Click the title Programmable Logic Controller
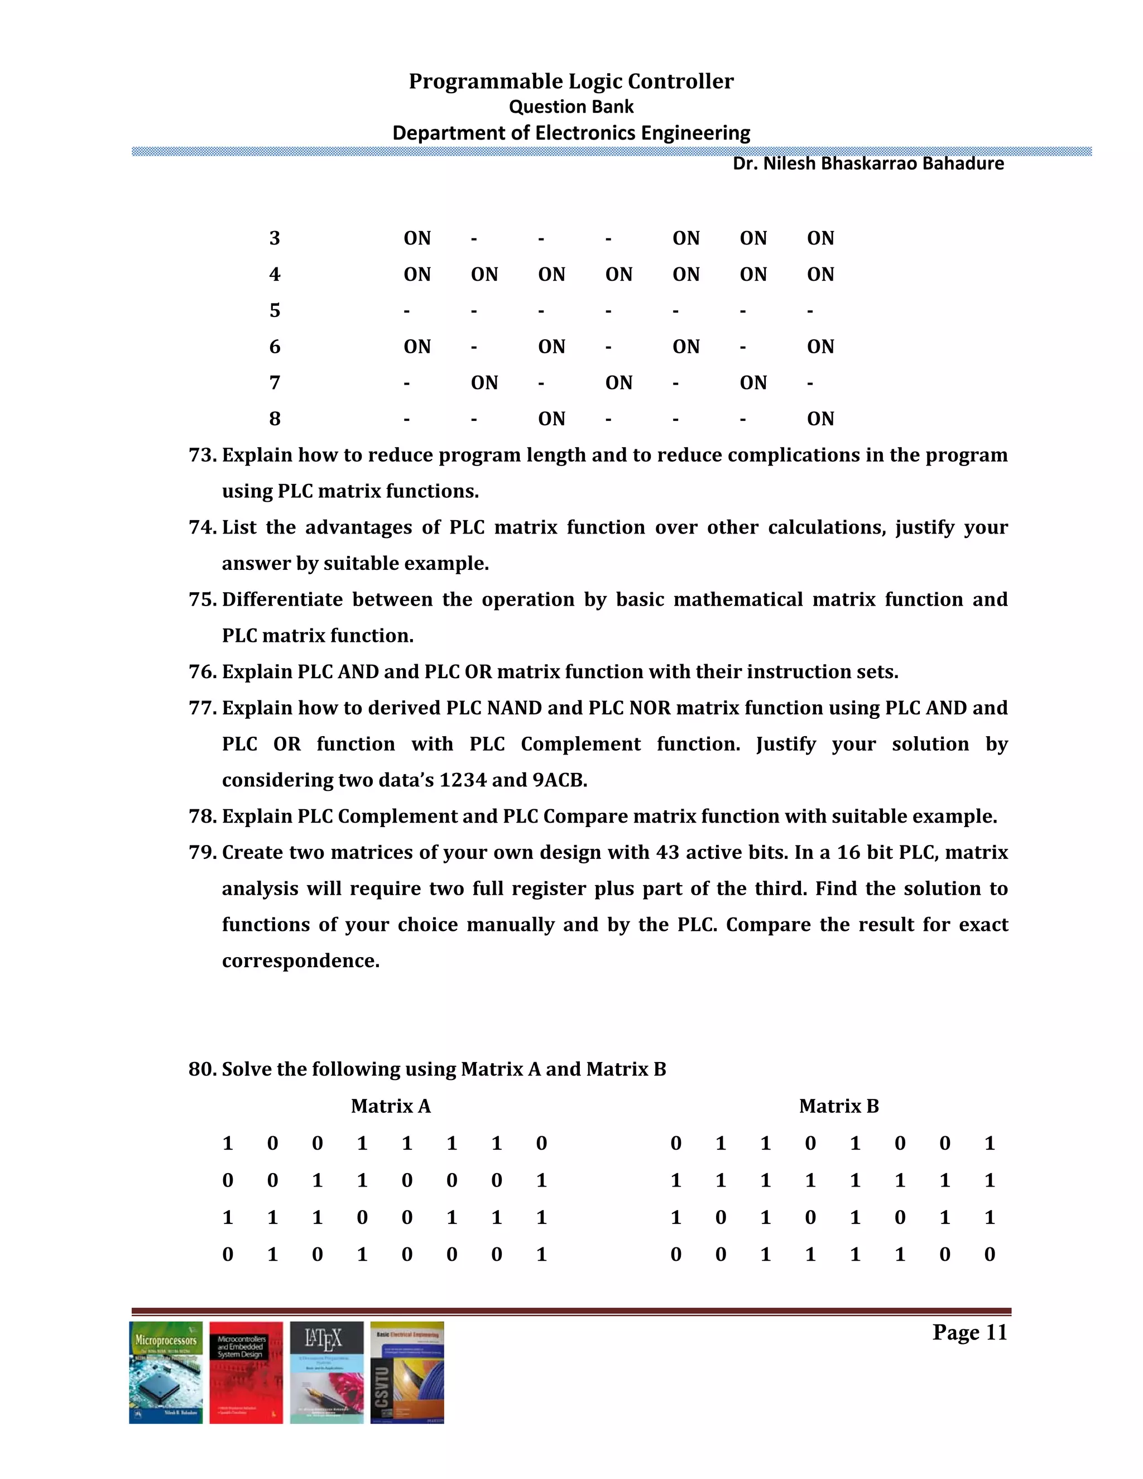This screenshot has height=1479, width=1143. pyautogui.click(x=571, y=81)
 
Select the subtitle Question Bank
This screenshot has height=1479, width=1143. pyautogui.click(x=571, y=107)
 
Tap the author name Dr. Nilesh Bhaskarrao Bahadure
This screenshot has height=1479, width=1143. pyautogui.click(x=868, y=164)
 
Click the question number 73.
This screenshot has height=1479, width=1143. pyautogui.click(x=201, y=455)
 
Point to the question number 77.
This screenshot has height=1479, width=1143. pyautogui.click(x=201, y=708)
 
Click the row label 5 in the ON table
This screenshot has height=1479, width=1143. pyautogui.click(x=274, y=311)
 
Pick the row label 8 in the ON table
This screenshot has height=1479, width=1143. pyautogui.click(x=274, y=419)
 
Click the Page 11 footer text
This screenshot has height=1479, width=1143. pyautogui.click(x=969, y=1332)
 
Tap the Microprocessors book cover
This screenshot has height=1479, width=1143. pyautogui.click(x=166, y=1372)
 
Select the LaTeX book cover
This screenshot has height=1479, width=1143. pyautogui.click(x=326, y=1372)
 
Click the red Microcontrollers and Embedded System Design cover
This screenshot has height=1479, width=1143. pyautogui.click(x=246, y=1372)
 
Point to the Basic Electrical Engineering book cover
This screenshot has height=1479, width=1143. pyautogui.click(x=407, y=1372)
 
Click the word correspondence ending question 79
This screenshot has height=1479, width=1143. pyautogui.click(x=301, y=961)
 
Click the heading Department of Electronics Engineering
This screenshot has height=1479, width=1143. pyautogui.click(x=571, y=133)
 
